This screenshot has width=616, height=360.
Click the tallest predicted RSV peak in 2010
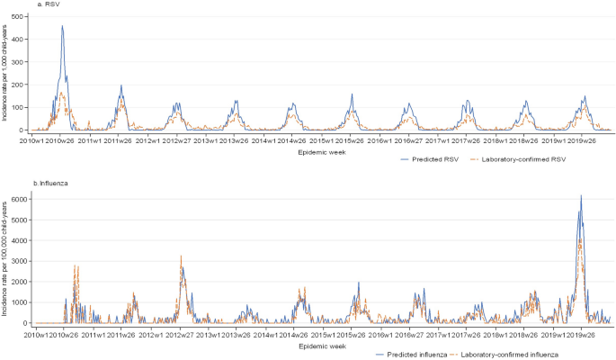point(62,26)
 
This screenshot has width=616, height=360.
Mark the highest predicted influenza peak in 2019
point(581,195)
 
